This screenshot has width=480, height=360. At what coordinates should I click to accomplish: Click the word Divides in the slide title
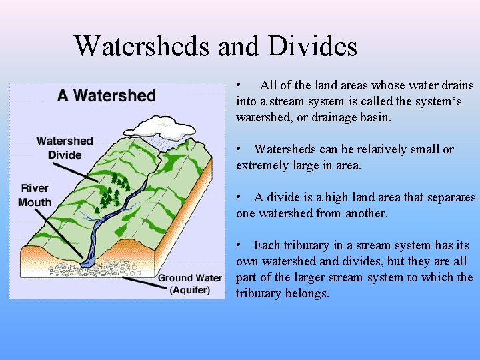[313, 46]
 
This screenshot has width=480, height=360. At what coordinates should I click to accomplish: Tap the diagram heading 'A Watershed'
[107, 95]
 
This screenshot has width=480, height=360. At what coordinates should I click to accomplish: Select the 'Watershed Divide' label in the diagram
[65, 148]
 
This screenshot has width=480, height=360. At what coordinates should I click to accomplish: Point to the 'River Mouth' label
[35, 195]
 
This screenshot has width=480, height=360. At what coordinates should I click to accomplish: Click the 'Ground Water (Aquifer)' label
[190, 283]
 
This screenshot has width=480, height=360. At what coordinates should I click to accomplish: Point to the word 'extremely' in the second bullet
[263, 165]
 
